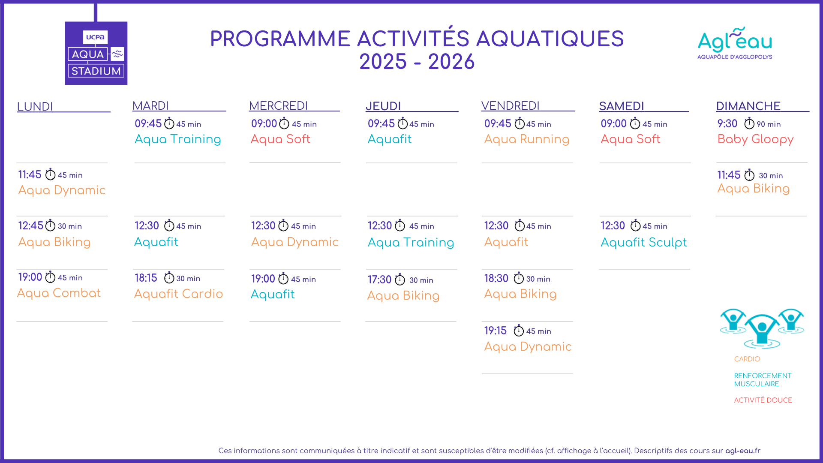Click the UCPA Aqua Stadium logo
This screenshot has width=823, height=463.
[x=96, y=53]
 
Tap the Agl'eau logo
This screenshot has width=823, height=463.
[x=735, y=43]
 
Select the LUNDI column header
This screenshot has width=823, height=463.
[x=35, y=106]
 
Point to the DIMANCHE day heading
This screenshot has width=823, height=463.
[x=748, y=106]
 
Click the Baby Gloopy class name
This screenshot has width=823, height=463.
[x=755, y=139]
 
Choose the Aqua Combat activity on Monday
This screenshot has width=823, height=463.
[x=59, y=293]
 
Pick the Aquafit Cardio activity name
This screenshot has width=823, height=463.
[x=178, y=294]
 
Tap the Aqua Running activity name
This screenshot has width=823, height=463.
[x=526, y=139]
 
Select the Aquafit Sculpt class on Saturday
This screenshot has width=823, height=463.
[x=643, y=243]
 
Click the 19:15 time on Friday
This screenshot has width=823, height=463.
[x=495, y=331]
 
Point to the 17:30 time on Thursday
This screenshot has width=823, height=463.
[x=379, y=280]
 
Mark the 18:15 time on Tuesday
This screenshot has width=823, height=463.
[x=146, y=278]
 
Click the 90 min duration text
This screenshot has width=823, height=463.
[x=769, y=124]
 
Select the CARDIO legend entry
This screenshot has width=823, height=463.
[x=747, y=359]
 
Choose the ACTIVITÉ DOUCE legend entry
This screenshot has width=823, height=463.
[x=763, y=400]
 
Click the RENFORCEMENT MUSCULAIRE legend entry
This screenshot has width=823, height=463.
[x=763, y=379]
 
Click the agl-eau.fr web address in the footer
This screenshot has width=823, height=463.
[x=743, y=451]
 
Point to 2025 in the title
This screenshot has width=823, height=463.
[x=383, y=62]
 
